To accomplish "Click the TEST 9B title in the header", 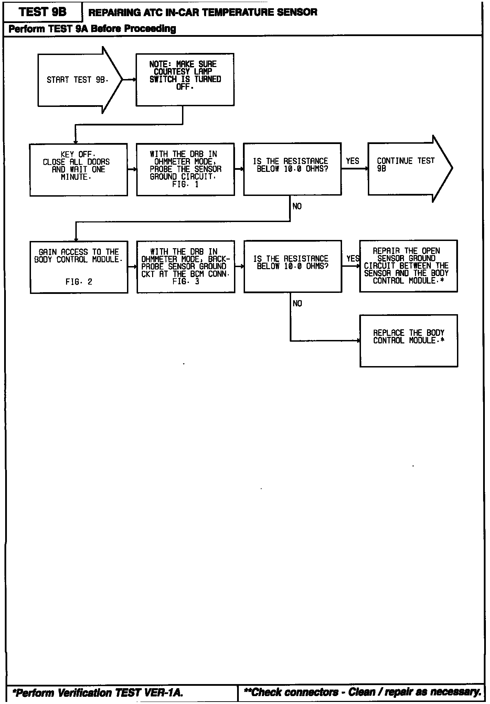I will coord(43,12).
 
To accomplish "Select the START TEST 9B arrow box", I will coord(78,80).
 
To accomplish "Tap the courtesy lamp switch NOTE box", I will coord(185,79).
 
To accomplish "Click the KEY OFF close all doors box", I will coord(78,170).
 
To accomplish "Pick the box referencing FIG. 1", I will coord(185,169).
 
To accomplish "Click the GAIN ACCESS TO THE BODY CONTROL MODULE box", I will coord(79,267).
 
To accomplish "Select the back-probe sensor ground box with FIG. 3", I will coord(186,267).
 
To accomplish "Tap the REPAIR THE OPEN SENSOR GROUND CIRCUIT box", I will coord(408,266).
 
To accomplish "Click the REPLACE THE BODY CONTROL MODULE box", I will coord(408,340).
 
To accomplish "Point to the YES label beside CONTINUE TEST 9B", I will coord(353,161).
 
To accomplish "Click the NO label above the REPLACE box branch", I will coord(297,304).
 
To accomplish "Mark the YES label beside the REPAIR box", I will coord(353,258).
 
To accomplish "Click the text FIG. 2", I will coord(79,282).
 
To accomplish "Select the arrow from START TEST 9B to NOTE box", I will coord(129,80).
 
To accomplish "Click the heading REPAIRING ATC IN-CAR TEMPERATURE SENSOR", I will coord(203,13).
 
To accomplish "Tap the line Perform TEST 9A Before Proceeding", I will coord(92,29).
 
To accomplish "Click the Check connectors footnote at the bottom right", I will coord(362,692).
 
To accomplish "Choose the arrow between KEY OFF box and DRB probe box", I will coord(132,169).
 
